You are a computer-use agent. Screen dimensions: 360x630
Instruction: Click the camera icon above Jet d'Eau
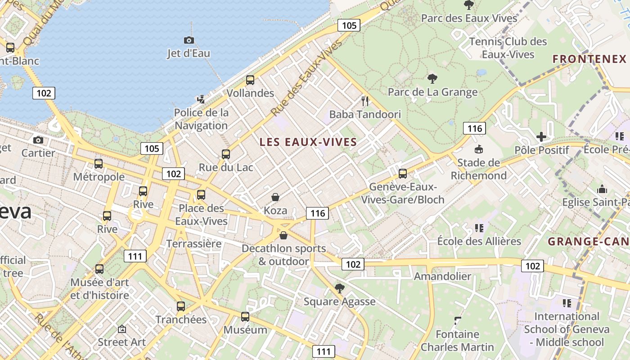pyautogui.click(x=189, y=40)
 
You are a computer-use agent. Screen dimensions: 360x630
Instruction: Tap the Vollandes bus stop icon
pyautogui.click(x=250, y=81)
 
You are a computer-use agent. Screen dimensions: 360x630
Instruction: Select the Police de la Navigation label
pyautogui.click(x=201, y=119)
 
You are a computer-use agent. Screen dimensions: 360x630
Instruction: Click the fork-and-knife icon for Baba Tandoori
pyautogui.click(x=365, y=101)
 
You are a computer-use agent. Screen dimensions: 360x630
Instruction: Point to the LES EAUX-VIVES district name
pyautogui.click(x=308, y=142)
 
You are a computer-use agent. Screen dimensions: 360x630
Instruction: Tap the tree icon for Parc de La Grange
pyautogui.click(x=432, y=79)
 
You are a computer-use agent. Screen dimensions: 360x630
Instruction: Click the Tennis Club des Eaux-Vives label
pyautogui.click(x=508, y=48)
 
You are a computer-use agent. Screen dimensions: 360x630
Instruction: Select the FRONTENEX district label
pyautogui.click(x=589, y=59)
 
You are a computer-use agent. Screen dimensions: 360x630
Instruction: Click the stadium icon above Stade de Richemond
pyautogui.click(x=479, y=149)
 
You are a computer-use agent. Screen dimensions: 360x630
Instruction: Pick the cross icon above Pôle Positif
pyautogui.click(x=541, y=136)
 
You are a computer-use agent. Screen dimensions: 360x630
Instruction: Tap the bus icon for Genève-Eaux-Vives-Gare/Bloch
pyautogui.click(x=403, y=174)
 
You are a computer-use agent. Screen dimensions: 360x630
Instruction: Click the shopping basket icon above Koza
pyautogui.click(x=275, y=198)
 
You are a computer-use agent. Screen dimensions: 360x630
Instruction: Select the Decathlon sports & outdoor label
pyautogui.click(x=283, y=255)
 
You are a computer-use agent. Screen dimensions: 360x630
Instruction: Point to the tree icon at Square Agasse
pyautogui.click(x=340, y=288)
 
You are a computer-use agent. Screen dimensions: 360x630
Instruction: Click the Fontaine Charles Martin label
pyautogui.click(x=457, y=341)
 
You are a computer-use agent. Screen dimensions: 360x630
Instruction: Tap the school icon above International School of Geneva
pyautogui.click(x=567, y=303)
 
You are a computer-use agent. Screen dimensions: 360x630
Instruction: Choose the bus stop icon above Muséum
pyautogui.click(x=245, y=317)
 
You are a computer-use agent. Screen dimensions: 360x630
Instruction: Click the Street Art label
pyautogui.click(x=121, y=342)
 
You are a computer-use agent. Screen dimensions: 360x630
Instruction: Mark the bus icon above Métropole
pyautogui.click(x=99, y=164)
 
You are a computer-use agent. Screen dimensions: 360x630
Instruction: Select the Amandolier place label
pyautogui.click(x=442, y=276)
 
